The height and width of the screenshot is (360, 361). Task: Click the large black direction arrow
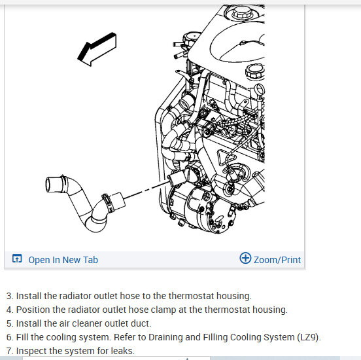[97, 50]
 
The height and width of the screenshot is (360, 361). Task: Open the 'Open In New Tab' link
[63, 260]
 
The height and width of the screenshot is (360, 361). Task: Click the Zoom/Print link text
[277, 260]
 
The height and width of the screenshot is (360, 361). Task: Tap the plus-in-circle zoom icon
[245, 258]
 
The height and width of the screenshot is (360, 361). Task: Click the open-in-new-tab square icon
[17, 259]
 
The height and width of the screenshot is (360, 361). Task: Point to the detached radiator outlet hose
[83, 203]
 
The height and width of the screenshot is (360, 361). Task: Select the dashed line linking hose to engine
[147, 190]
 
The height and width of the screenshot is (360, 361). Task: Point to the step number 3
[9, 296]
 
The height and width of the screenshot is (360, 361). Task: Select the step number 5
[9, 323]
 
